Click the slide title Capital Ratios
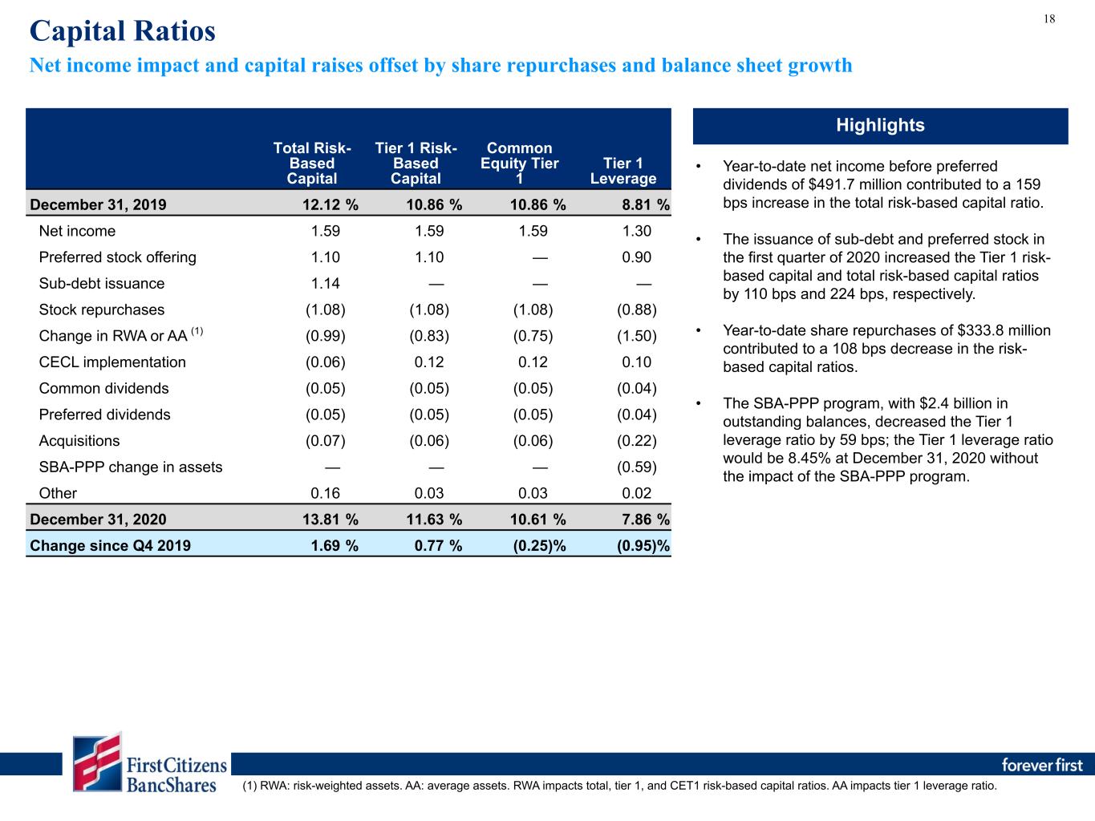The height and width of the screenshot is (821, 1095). (123, 31)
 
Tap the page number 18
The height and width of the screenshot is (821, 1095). (1049, 19)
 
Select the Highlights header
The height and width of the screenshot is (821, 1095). (880, 125)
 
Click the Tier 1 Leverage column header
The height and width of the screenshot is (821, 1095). (623, 171)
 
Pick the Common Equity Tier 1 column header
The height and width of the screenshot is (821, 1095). (519, 163)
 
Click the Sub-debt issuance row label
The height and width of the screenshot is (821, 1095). (102, 283)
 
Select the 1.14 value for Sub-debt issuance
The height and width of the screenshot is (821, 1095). (325, 283)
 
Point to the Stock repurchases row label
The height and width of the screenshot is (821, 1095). (102, 309)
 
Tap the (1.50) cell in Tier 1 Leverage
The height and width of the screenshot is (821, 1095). (637, 336)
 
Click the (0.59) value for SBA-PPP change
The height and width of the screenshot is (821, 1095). (637, 467)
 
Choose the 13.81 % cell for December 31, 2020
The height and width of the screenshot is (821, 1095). (331, 520)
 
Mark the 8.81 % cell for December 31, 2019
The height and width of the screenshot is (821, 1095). (646, 204)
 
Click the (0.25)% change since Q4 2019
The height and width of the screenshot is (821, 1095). (539, 546)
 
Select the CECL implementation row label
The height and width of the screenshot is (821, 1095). (112, 362)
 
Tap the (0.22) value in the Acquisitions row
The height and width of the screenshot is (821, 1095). (637, 441)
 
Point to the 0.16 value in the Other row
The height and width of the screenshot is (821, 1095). (325, 493)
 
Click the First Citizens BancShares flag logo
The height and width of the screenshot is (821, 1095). (97, 762)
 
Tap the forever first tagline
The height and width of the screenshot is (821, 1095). (1042, 765)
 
